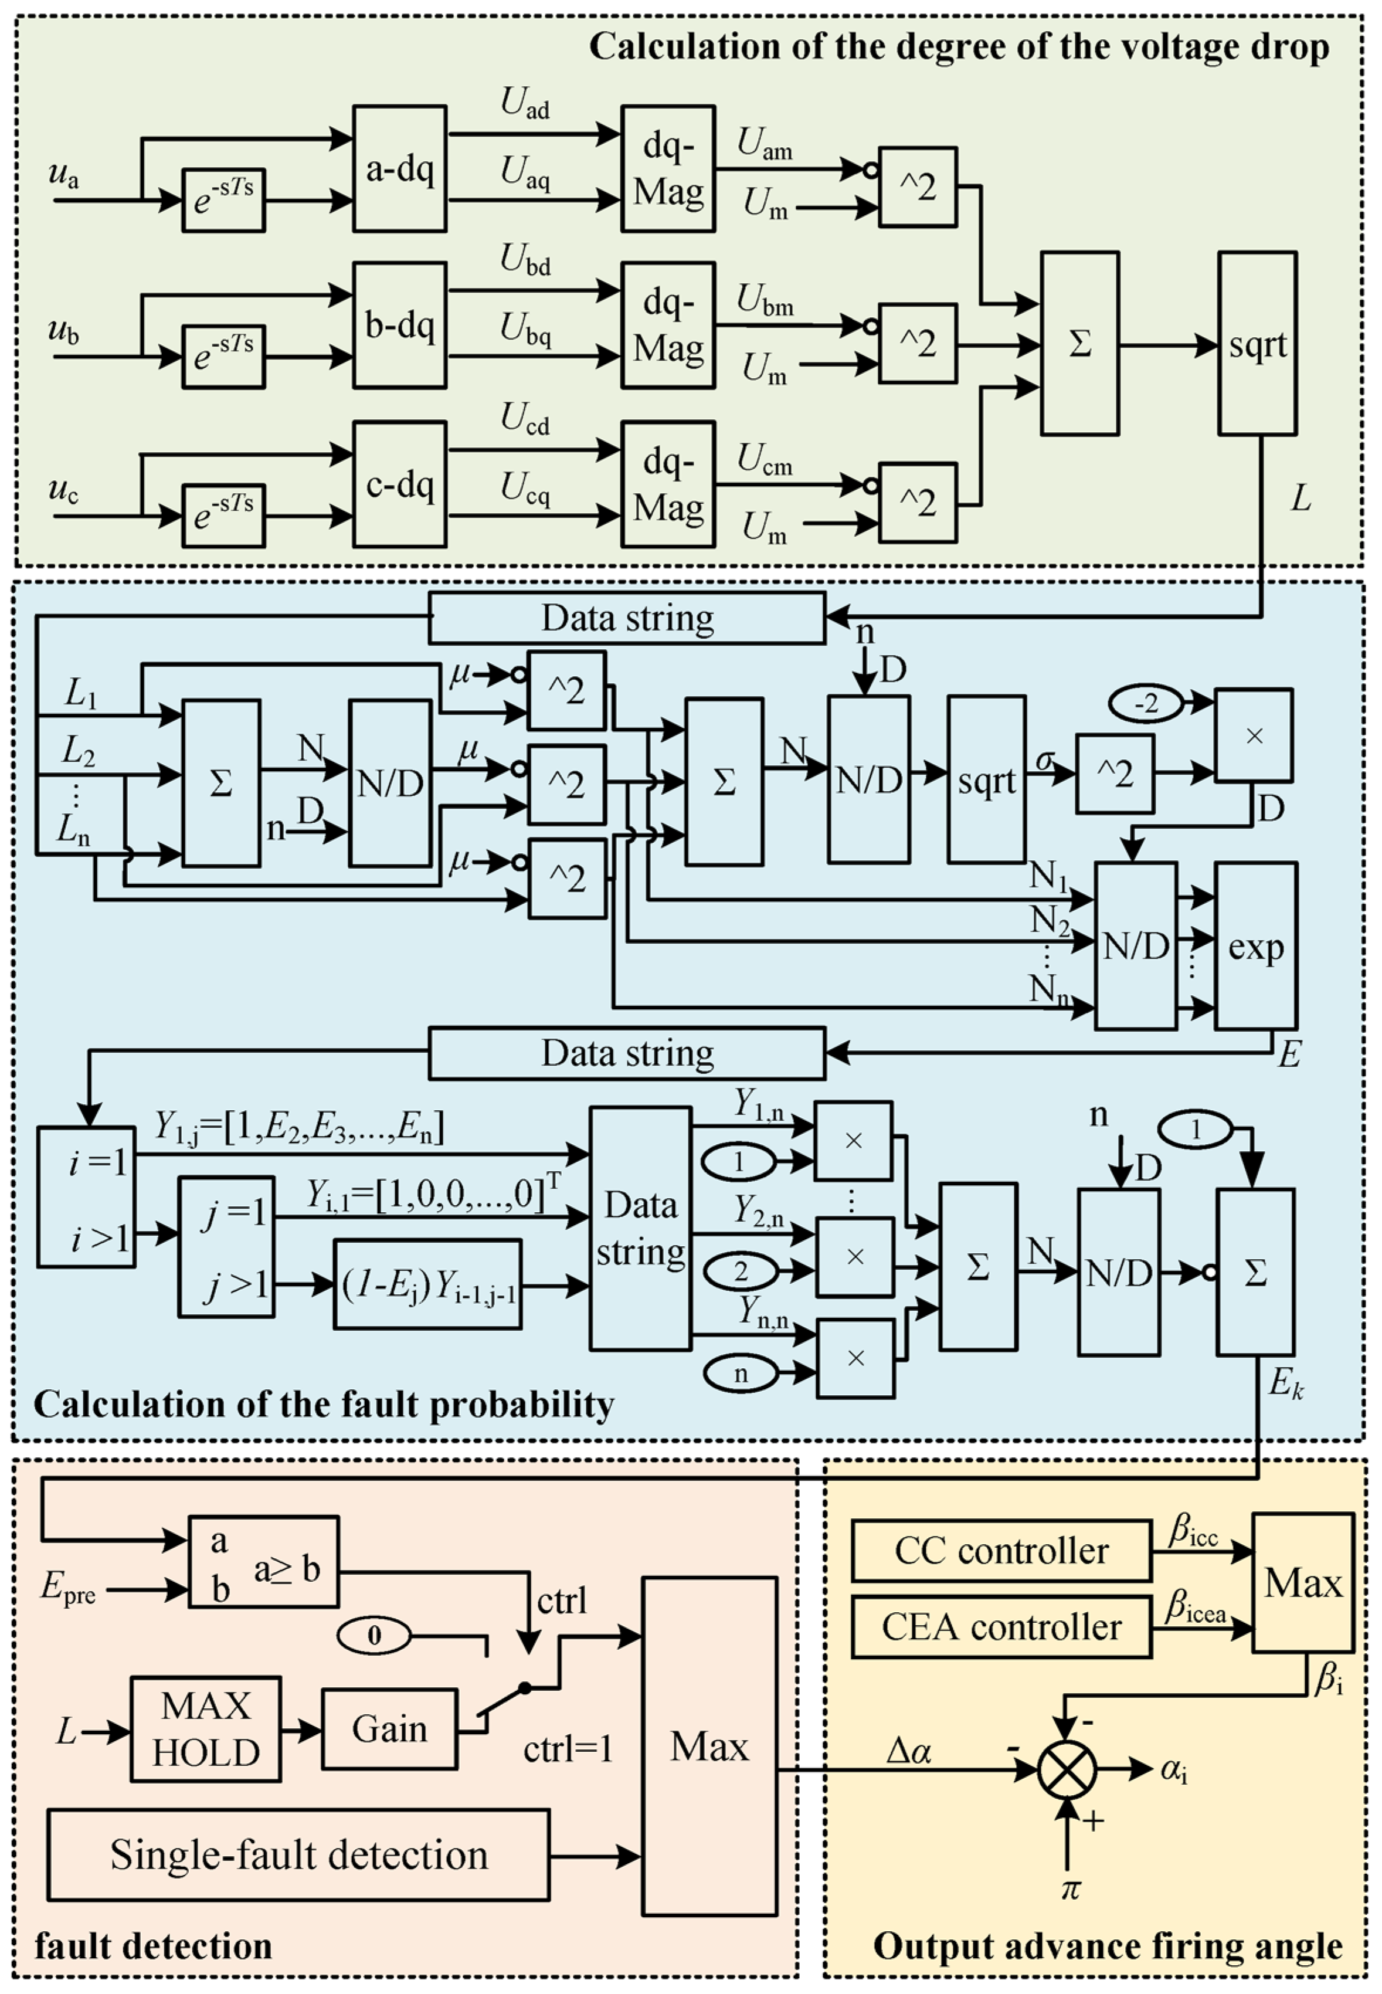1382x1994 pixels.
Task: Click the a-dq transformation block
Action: point(399,169)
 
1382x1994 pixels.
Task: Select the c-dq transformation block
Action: point(399,484)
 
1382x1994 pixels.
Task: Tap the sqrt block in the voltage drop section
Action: point(1257,344)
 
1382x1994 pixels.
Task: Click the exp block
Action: point(1255,946)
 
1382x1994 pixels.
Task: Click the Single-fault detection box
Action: point(299,1856)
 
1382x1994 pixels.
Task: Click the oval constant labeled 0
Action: point(374,1636)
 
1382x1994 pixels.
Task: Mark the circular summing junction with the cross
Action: point(1067,1771)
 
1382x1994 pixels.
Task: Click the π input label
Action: point(1070,1888)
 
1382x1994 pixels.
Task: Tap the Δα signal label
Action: point(909,1751)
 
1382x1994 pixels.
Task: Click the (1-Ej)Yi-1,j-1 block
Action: point(428,1284)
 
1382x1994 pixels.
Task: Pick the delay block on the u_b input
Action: point(223,356)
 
